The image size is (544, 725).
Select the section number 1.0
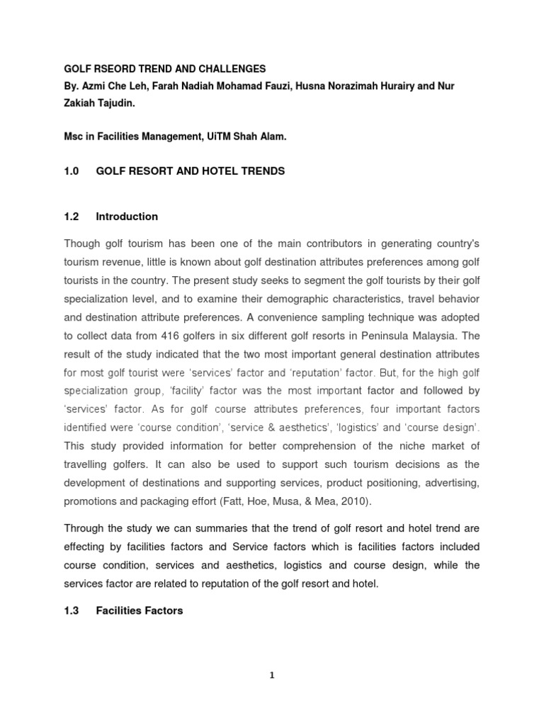click(72, 171)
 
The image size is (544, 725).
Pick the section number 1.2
click(72, 217)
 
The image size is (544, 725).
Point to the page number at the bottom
click(272, 675)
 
